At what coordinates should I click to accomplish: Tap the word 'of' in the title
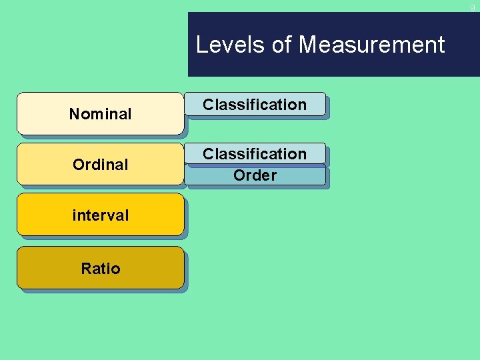click(x=282, y=45)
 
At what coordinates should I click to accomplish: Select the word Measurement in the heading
click(x=371, y=45)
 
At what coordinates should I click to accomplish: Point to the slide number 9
click(x=472, y=7)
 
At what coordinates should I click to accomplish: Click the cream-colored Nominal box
click(x=100, y=114)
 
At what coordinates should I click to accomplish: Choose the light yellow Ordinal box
click(x=100, y=164)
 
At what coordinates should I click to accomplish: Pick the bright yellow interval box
click(x=100, y=215)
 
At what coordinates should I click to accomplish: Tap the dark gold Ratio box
click(x=100, y=268)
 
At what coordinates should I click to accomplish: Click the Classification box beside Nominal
click(x=255, y=105)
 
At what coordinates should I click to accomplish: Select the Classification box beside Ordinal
click(x=255, y=154)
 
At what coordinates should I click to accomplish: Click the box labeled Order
click(x=255, y=175)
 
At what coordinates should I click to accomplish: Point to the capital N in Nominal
click(x=74, y=114)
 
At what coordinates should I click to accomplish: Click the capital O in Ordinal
click(x=78, y=164)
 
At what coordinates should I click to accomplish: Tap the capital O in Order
click(x=239, y=175)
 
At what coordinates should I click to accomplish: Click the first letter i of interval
click(x=74, y=215)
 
